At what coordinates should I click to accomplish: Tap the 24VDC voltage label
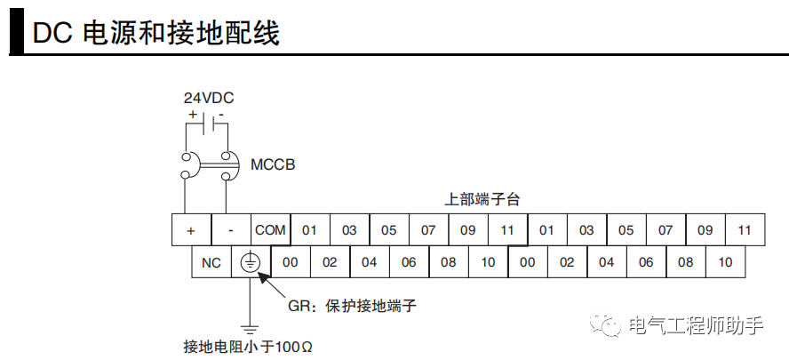point(209,98)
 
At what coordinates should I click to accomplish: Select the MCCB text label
point(273,164)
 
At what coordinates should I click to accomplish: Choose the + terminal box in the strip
point(191,230)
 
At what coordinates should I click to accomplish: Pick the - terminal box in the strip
point(231,230)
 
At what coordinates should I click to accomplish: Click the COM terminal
point(270,230)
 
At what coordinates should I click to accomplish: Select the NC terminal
point(211,262)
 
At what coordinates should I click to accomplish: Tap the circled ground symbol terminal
point(251,262)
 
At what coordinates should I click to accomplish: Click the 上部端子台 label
point(482,199)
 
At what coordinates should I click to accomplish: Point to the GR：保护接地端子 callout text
point(353,306)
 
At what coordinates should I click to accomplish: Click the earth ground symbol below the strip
point(251,329)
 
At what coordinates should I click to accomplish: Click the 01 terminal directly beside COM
point(309,230)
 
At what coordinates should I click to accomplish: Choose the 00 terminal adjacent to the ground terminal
point(290,262)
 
